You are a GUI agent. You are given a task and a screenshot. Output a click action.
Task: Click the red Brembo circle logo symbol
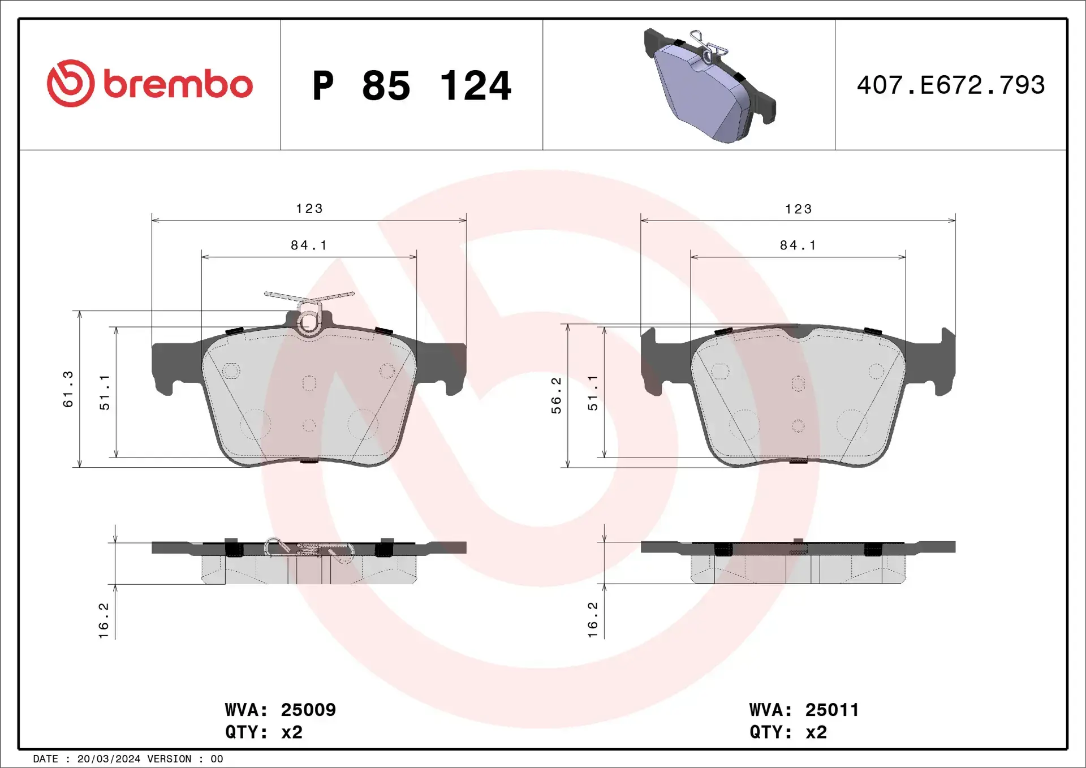[71, 83]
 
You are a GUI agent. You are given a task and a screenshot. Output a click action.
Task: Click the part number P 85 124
[411, 86]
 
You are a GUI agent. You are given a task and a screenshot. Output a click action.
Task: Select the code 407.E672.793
[951, 85]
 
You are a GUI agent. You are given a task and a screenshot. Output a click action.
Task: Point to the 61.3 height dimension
[68, 389]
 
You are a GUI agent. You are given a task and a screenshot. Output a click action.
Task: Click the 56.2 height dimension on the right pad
[556, 395]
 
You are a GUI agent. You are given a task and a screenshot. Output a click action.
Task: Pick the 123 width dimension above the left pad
[309, 209]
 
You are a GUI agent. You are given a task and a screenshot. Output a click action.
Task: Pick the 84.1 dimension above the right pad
[798, 245]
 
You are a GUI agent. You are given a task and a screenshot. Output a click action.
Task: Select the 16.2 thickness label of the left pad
[104, 620]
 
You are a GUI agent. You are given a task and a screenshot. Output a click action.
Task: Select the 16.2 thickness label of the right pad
[592, 620]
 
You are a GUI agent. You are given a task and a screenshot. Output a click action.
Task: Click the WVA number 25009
[308, 710]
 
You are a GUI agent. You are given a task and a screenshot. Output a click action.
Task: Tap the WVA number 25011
[832, 710]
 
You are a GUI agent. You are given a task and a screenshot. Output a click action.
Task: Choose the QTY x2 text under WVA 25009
[264, 732]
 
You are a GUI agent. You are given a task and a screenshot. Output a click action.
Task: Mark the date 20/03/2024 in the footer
[109, 759]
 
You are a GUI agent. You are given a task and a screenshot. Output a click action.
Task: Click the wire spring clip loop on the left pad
[309, 321]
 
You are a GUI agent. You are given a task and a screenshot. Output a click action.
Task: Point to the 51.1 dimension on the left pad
[105, 392]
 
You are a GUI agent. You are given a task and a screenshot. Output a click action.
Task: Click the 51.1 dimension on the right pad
[592, 392]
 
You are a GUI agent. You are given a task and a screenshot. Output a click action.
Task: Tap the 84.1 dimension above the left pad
[309, 245]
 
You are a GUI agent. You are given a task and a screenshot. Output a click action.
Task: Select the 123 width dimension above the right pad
[798, 209]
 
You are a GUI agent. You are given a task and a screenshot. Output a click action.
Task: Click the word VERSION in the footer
[169, 759]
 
